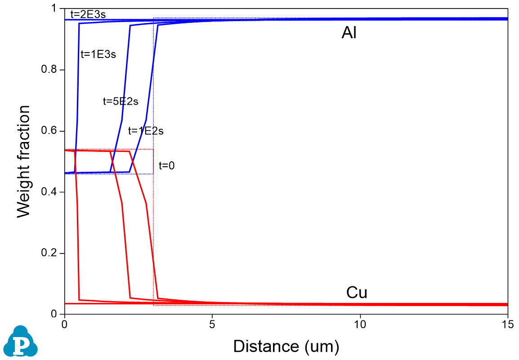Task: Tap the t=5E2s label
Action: click(121, 102)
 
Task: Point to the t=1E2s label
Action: click(146, 131)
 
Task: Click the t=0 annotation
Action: click(166, 166)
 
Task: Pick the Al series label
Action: click(349, 33)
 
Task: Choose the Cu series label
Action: click(357, 293)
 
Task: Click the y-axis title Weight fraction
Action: click(24, 161)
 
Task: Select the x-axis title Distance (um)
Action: click(286, 347)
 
